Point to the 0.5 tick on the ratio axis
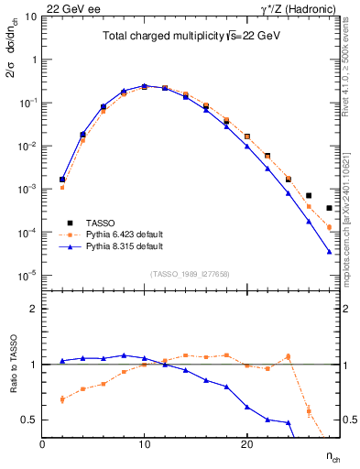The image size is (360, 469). (30, 420)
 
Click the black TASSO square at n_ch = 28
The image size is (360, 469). (329, 209)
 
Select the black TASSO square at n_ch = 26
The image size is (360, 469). (309, 195)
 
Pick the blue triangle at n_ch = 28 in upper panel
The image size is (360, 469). (329, 251)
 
